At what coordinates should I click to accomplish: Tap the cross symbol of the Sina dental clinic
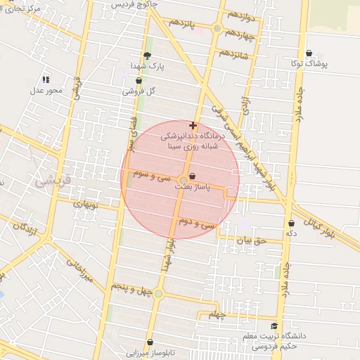pyautogui.click(x=193, y=125)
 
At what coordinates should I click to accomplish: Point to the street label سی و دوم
pyautogui.click(x=195, y=224)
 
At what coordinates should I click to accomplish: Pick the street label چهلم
pyautogui.click(x=219, y=314)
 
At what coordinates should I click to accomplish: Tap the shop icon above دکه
pyautogui.click(x=290, y=223)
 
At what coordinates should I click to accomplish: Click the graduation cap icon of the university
pyautogui.click(x=274, y=326)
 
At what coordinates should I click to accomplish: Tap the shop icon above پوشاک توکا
pyautogui.click(x=309, y=53)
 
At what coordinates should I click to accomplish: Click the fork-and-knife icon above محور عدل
pyautogui.click(x=46, y=80)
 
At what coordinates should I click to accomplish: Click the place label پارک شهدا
pyautogui.click(x=146, y=65)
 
